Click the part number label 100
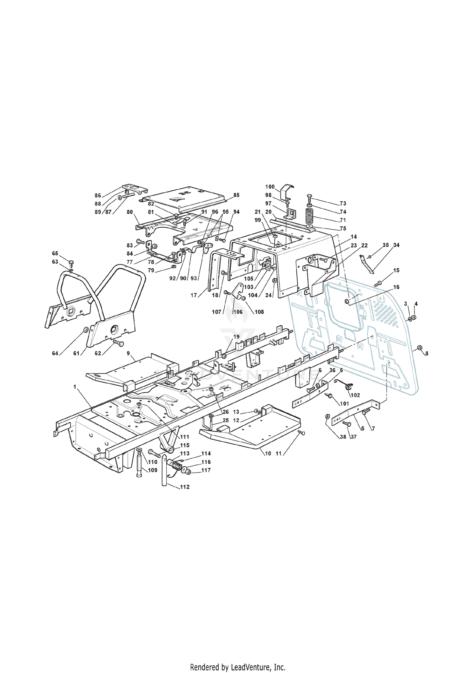point(270,187)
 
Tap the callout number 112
point(185,487)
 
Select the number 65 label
point(55,253)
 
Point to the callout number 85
point(236,195)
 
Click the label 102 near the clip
point(355,395)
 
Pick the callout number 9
point(128,353)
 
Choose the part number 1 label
point(75,387)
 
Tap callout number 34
point(396,245)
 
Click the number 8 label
point(427,353)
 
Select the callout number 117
point(206,470)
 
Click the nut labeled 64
point(85,330)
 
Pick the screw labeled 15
point(378,283)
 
